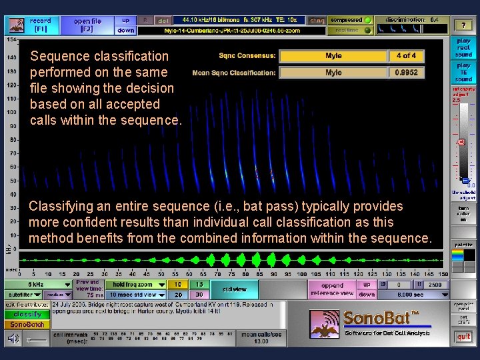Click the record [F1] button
pos(40,25)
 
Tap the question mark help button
pos(463,25)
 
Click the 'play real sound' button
pos(463,49)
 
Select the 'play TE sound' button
pos(463,72)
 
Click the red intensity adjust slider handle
pos(461,142)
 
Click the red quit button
pos(463,337)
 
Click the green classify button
pos(27,314)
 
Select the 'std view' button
pos(235,289)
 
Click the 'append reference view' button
pos(332,289)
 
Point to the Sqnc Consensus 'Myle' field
pos(333,56)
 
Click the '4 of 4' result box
pos(406,56)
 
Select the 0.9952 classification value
pos(406,73)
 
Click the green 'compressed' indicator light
pos(367,21)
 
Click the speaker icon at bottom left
pos(13,339)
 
